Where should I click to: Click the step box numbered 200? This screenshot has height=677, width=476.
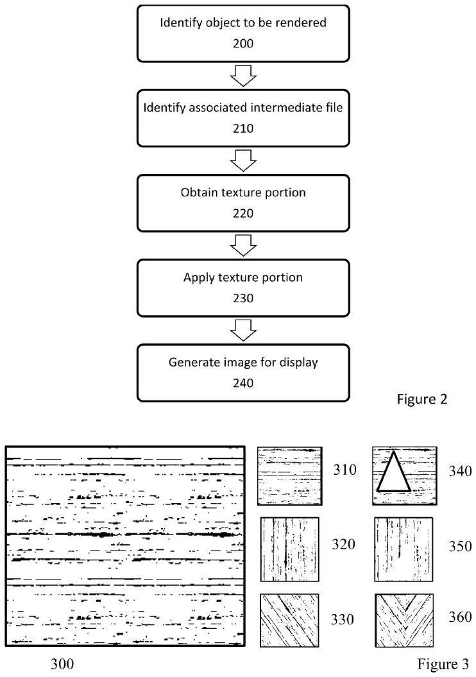click(243, 33)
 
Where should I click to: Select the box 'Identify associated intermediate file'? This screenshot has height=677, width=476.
click(243, 117)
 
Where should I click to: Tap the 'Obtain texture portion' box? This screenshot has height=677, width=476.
click(243, 202)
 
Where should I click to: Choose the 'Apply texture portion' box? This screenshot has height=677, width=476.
click(243, 287)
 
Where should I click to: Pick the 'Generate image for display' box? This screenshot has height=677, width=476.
click(243, 372)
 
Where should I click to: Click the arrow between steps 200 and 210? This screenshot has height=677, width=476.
click(243, 76)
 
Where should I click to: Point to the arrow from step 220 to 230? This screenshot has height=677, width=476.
click(243, 244)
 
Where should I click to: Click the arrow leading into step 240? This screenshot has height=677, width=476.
click(243, 330)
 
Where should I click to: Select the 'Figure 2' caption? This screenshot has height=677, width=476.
click(421, 399)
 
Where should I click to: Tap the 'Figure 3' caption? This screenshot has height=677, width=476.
click(443, 663)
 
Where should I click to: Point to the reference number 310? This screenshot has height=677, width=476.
click(345, 470)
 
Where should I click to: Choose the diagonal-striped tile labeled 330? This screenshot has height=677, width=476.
click(289, 620)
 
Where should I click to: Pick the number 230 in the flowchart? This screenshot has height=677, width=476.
click(243, 298)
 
